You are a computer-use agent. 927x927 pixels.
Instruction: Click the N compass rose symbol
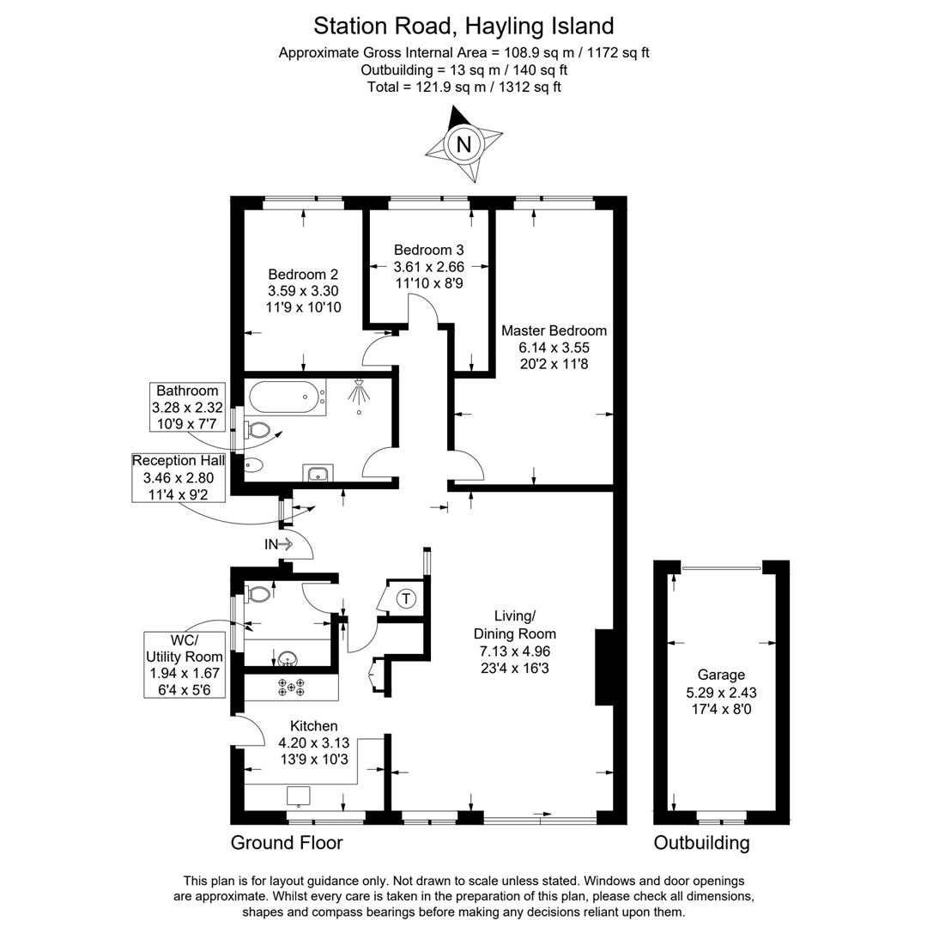(x=463, y=144)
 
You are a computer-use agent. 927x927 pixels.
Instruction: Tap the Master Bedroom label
(x=554, y=330)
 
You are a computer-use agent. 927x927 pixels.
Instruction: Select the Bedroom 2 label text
(x=303, y=275)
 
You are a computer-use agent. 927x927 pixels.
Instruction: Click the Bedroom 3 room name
(x=428, y=250)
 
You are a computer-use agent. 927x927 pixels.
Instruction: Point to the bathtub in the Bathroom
(x=287, y=397)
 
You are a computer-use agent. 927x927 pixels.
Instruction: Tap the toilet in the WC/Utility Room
(x=257, y=593)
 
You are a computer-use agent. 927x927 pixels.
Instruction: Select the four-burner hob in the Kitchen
(x=291, y=686)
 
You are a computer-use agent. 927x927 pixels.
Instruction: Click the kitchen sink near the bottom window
(x=299, y=796)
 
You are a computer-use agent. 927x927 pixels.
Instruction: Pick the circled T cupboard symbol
(x=407, y=597)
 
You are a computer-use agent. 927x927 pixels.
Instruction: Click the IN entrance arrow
(x=279, y=543)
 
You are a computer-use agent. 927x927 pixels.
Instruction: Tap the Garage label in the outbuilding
(x=721, y=675)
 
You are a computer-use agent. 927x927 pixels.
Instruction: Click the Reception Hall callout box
(x=179, y=477)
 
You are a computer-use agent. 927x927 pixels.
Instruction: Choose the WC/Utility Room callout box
(x=185, y=664)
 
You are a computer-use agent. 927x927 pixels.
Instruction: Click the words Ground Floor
(x=286, y=843)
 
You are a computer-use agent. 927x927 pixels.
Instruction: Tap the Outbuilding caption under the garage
(x=701, y=843)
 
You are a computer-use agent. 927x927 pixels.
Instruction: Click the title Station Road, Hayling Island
(x=463, y=25)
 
